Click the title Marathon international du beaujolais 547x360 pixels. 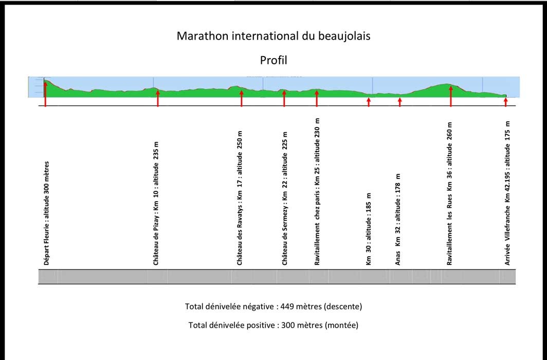click(x=273, y=36)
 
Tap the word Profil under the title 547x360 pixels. click(x=273, y=60)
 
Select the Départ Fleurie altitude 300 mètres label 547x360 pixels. click(x=46, y=213)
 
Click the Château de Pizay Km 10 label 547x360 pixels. click(x=156, y=203)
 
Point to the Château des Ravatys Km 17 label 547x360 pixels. click(x=240, y=198)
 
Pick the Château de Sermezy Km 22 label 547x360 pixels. click(x=285, y=199)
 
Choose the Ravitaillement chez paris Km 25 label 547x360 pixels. click(x=317, y=192)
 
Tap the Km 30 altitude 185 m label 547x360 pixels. click(x=369, y=229)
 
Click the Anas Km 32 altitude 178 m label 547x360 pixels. click(x=398, y=220)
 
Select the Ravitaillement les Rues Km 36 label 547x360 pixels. click(x=450, y=193)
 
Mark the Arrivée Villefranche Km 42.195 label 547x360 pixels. click(x=507, y=193)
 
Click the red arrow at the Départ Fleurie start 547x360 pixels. click(x=45, y=94)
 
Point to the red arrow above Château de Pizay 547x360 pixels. click(x=158, y=98)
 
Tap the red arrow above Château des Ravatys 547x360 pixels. click(x=242, y=98)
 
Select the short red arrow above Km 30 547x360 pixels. click(x=369, y=102)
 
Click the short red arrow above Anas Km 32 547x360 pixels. click(x=400, y=102)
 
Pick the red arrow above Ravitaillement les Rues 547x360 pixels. click(x=451, y=96)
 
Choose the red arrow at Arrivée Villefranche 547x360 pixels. click(x=505, y=102)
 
